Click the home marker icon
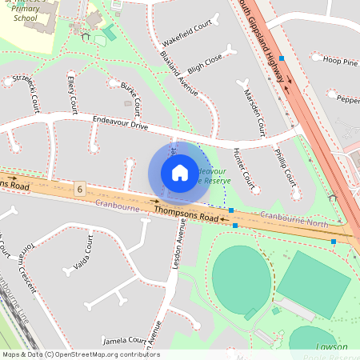point(180,173)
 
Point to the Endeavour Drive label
point(120,124)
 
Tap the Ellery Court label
point(72,94)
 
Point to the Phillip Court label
point(286,165)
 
